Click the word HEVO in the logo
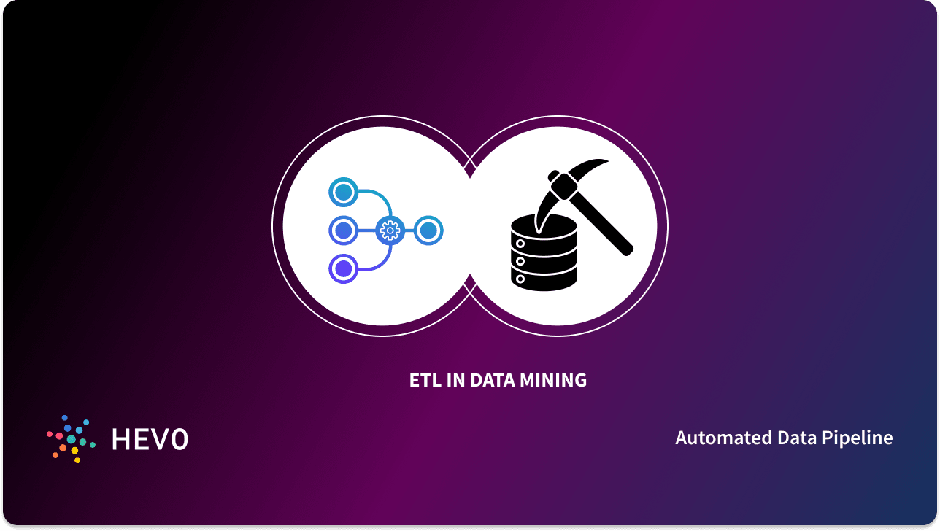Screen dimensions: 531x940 click(150, 439)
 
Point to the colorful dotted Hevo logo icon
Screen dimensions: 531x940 click(70, 439)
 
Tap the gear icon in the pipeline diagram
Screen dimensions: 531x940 click(390, 231)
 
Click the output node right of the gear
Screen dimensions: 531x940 click(429, 231)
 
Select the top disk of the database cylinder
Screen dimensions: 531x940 click(544, 227)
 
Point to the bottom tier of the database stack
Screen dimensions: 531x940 click(544, 278)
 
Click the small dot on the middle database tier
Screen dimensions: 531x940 click(520, 260)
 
